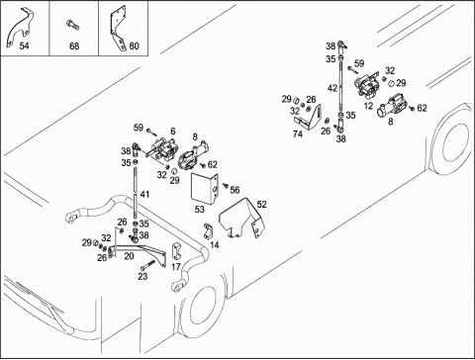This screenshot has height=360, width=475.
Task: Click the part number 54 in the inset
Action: (x=24, y=45)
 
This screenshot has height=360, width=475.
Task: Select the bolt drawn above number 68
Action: (x=72, y=25)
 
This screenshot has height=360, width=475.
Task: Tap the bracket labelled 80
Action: (x=119, y=28)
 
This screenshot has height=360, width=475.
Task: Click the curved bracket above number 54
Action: (x=21, y=28)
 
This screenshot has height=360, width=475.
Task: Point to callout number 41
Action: (x=144, y=195)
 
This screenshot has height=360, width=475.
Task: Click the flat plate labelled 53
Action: (x=205, y=188)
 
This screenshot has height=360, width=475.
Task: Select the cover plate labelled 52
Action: (x=242, y=219)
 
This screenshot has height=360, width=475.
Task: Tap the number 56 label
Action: (x=235, y=190)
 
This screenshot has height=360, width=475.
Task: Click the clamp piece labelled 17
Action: (x=176, y=251)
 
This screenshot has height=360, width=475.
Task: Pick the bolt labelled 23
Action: (x=147, y=265)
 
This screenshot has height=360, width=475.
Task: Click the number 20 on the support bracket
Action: (x=129, y=256)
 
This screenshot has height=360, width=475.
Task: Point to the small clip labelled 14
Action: (x=208, y=230)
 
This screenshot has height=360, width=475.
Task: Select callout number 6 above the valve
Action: (x=173, y=132)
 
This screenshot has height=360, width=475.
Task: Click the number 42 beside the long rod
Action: (x=332, y=88)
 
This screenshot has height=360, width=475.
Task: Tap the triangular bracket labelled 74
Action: (x=309, y=117)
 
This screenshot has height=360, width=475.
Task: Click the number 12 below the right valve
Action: (x=368, y=106)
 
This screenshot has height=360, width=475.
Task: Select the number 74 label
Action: (x=298, y=135)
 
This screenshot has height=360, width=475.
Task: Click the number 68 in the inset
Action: (x=74, y=45)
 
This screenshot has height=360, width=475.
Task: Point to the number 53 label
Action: (x=199, y=210)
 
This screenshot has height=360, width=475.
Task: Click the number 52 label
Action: (x=261, y=205)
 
